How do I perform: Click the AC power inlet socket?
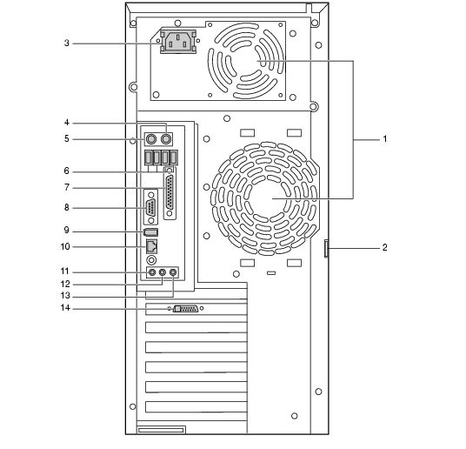178,42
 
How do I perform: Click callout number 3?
67,44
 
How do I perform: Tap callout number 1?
385,139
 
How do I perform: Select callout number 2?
385,248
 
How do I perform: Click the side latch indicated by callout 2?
326,249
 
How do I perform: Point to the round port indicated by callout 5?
151,139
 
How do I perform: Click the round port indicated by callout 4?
165,139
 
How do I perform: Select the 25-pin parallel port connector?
170,193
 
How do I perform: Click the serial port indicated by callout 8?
151,207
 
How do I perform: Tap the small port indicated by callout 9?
150,231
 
